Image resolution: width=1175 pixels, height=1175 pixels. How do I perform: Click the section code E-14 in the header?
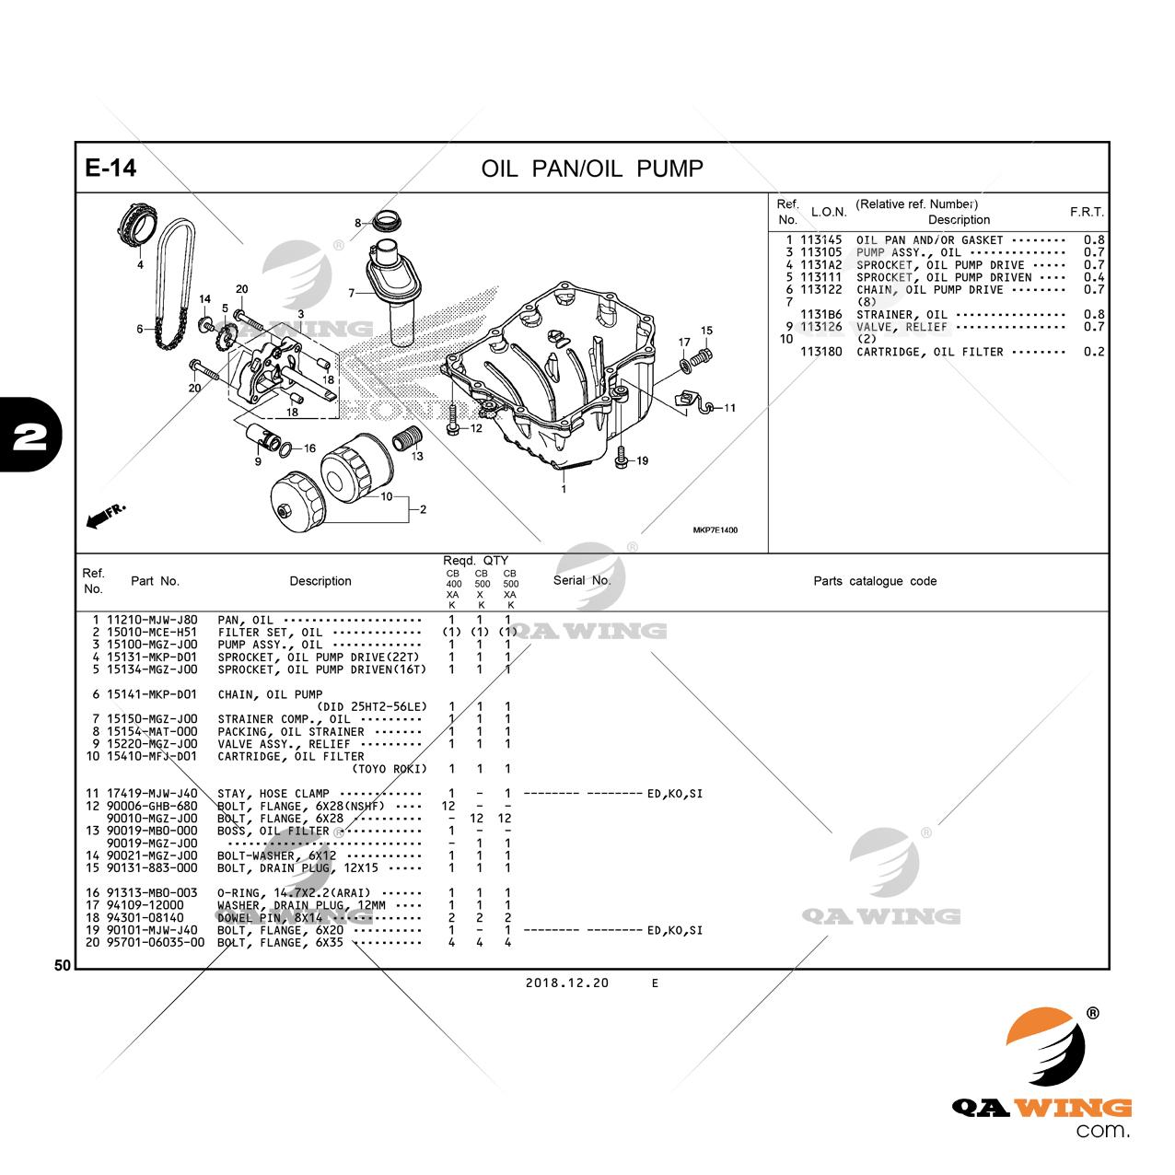tap(111, 168)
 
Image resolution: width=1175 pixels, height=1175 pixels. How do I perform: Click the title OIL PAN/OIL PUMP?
tap(591, 169)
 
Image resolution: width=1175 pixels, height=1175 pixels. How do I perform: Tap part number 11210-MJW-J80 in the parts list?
tap(152, 620)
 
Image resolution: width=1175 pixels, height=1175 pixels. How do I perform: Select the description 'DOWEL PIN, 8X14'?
tap(270, 918)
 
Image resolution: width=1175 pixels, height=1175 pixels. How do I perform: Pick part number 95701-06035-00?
tap(156, 943)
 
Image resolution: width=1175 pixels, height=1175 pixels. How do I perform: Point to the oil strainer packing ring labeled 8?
tap(389, 221)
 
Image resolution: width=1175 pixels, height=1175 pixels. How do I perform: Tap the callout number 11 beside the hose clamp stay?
tap(729, 408)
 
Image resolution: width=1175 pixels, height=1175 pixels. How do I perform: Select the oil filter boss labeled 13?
tap(407, 437)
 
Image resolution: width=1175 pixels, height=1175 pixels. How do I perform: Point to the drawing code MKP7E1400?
tap(715, 529)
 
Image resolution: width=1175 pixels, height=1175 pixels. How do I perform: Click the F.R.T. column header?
tap(1087, 212)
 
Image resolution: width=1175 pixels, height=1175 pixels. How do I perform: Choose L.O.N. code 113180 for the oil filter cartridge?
tap(820, 352)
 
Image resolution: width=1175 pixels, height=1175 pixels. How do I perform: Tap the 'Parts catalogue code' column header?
tap(875, 581)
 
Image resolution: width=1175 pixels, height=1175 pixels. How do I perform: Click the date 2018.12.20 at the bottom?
tap(567, 983)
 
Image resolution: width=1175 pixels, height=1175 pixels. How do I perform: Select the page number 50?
tap(63, 965)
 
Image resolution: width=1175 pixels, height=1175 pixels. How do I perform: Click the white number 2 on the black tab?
tap(29, 436)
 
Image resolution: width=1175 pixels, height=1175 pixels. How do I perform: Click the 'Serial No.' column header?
tap(582, 580)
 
